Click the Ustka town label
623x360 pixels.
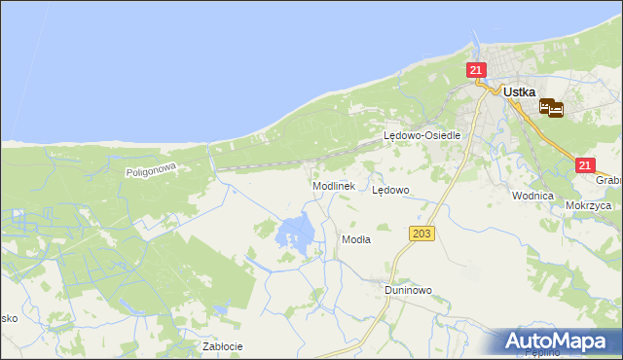pyautogui.click(x=521, y=91)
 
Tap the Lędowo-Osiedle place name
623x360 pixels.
pyautogui.click(x=421, y=136)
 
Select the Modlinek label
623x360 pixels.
pyautogui.click(x=333, y=185)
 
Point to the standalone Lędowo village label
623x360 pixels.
pyautogui.click(x=390, y=191)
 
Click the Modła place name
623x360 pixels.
pyautogui.click(x=355, y=238)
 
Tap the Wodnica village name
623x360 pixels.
pyautogui.click(x=532, y=196)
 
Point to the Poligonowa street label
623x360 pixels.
pyautogui.click(x=149, y=170)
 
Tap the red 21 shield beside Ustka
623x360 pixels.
pyautogui.click(x=475, y=70)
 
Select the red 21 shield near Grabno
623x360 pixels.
pyautogui.click(x=584, y=166)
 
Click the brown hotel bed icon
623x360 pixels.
pyautogui.click(x=550, y=108)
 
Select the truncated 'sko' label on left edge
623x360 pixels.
pyautogui.click(x=8, y=318)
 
